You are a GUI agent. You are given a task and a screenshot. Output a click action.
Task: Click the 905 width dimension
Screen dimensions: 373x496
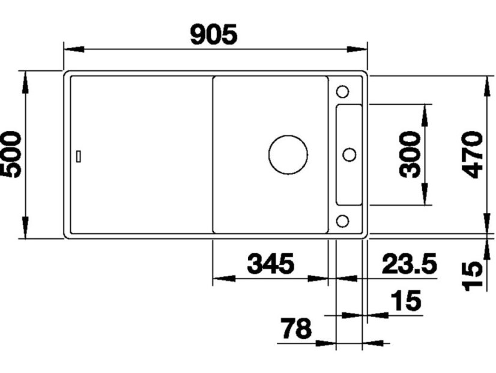pyautogui.click(x=214, y=35)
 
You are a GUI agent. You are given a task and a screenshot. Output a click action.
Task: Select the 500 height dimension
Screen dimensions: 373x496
pyautogui.click(x=12, y=154)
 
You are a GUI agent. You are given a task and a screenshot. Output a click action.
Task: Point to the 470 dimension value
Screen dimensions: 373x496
pyautogui.click(x=474, y=154)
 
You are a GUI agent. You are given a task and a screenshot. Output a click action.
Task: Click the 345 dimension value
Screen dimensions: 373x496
pyautogui.click(x=271, y=264)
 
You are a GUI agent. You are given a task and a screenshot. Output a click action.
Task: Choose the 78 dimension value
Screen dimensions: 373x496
pyautogui.click(x=297, y=329)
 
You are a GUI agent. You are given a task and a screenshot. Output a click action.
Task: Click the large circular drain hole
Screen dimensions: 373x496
pyautogui.click(x=288, y=155)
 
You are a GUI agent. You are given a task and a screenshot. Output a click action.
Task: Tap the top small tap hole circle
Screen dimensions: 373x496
pyautogui.click(x=342, y=91)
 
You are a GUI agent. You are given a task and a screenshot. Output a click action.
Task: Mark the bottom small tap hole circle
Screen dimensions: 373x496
pyautogui.click(x=342, y=221)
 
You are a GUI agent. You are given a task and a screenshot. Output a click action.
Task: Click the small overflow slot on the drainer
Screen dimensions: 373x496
pyautogui.click(x=79, y=156)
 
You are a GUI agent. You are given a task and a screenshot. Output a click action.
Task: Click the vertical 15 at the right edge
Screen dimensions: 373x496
pyautogui.click(x=474, y=275)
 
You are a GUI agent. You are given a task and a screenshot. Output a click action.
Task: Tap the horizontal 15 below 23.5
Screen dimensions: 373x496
pyautogui.click(x=406, y=300)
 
